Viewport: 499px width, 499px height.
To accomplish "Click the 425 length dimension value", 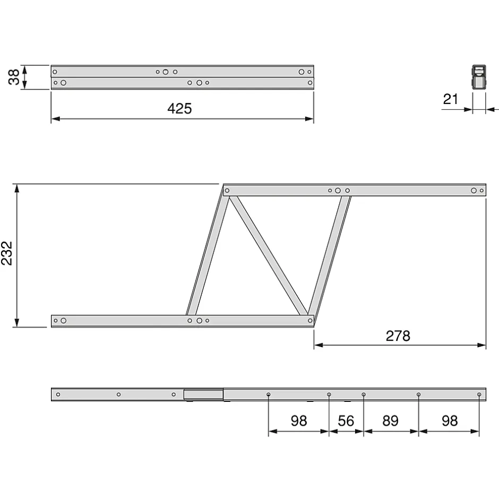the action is click(179, 108).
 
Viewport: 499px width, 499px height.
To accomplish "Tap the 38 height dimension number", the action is click(14, 77).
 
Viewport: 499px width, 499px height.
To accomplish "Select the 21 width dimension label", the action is click(451, 99).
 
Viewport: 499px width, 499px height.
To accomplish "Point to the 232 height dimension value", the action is click(7, 253).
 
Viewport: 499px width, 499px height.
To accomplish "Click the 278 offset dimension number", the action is click(398, 336).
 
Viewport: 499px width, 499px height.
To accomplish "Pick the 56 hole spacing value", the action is click(346, 421).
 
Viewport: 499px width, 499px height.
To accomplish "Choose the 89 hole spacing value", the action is click(391, 421).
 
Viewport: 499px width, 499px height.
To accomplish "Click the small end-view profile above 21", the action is click(479, 77).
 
